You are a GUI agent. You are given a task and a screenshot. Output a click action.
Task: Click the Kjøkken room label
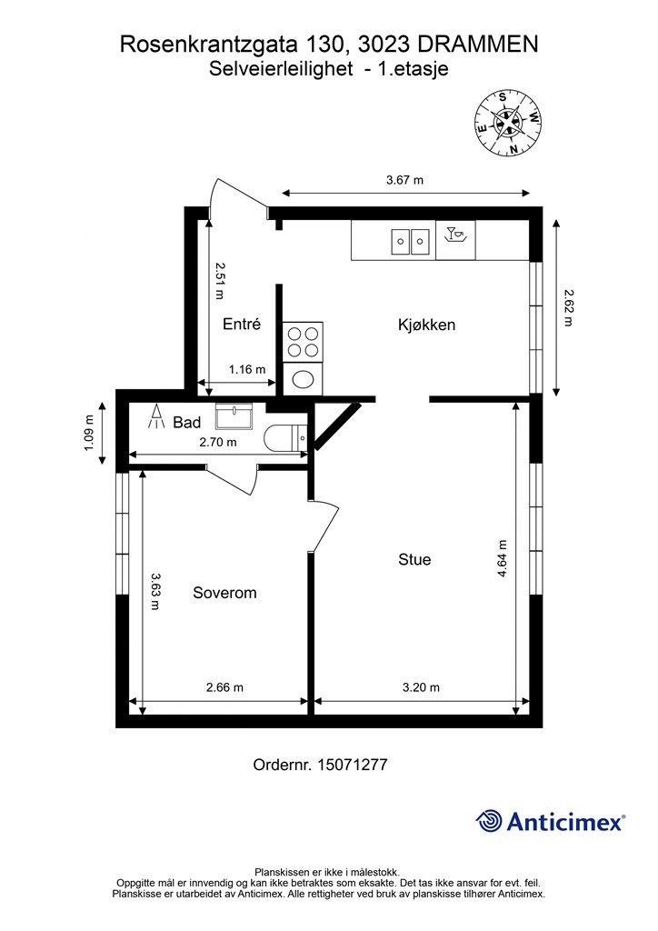click(426, 325)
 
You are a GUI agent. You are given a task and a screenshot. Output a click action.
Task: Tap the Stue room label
click(414, 559)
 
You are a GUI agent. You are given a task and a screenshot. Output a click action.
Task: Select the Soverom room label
click(224, 593)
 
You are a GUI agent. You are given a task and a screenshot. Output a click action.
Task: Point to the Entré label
click(242, 324)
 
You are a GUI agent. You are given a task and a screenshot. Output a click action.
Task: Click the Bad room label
click(186, 423)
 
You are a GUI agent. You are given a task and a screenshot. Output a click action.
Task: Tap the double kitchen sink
click(410, 241)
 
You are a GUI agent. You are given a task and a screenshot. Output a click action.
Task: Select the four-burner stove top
click(302, 341)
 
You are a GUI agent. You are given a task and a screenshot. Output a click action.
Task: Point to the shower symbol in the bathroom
click(155, 419)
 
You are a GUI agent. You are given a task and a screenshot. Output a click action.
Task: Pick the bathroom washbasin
click(236, 416)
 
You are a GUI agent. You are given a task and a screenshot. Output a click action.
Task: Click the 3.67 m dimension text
click(404, 180)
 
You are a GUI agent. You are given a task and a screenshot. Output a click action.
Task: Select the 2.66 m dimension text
click(224, 687)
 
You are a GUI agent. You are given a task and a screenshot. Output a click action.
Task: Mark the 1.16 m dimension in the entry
click(246, 369)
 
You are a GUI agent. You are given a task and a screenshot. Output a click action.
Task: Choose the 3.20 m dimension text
click(421, 687)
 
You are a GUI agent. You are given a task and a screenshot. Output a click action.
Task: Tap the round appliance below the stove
click(302, 377)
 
